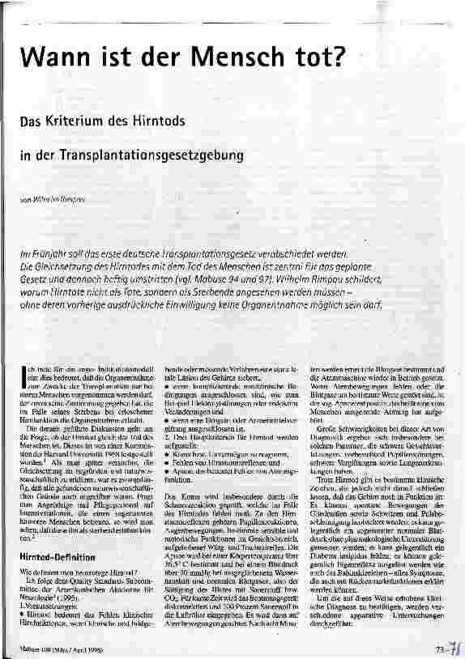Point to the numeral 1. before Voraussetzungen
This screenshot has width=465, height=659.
[x=22, y=566]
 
